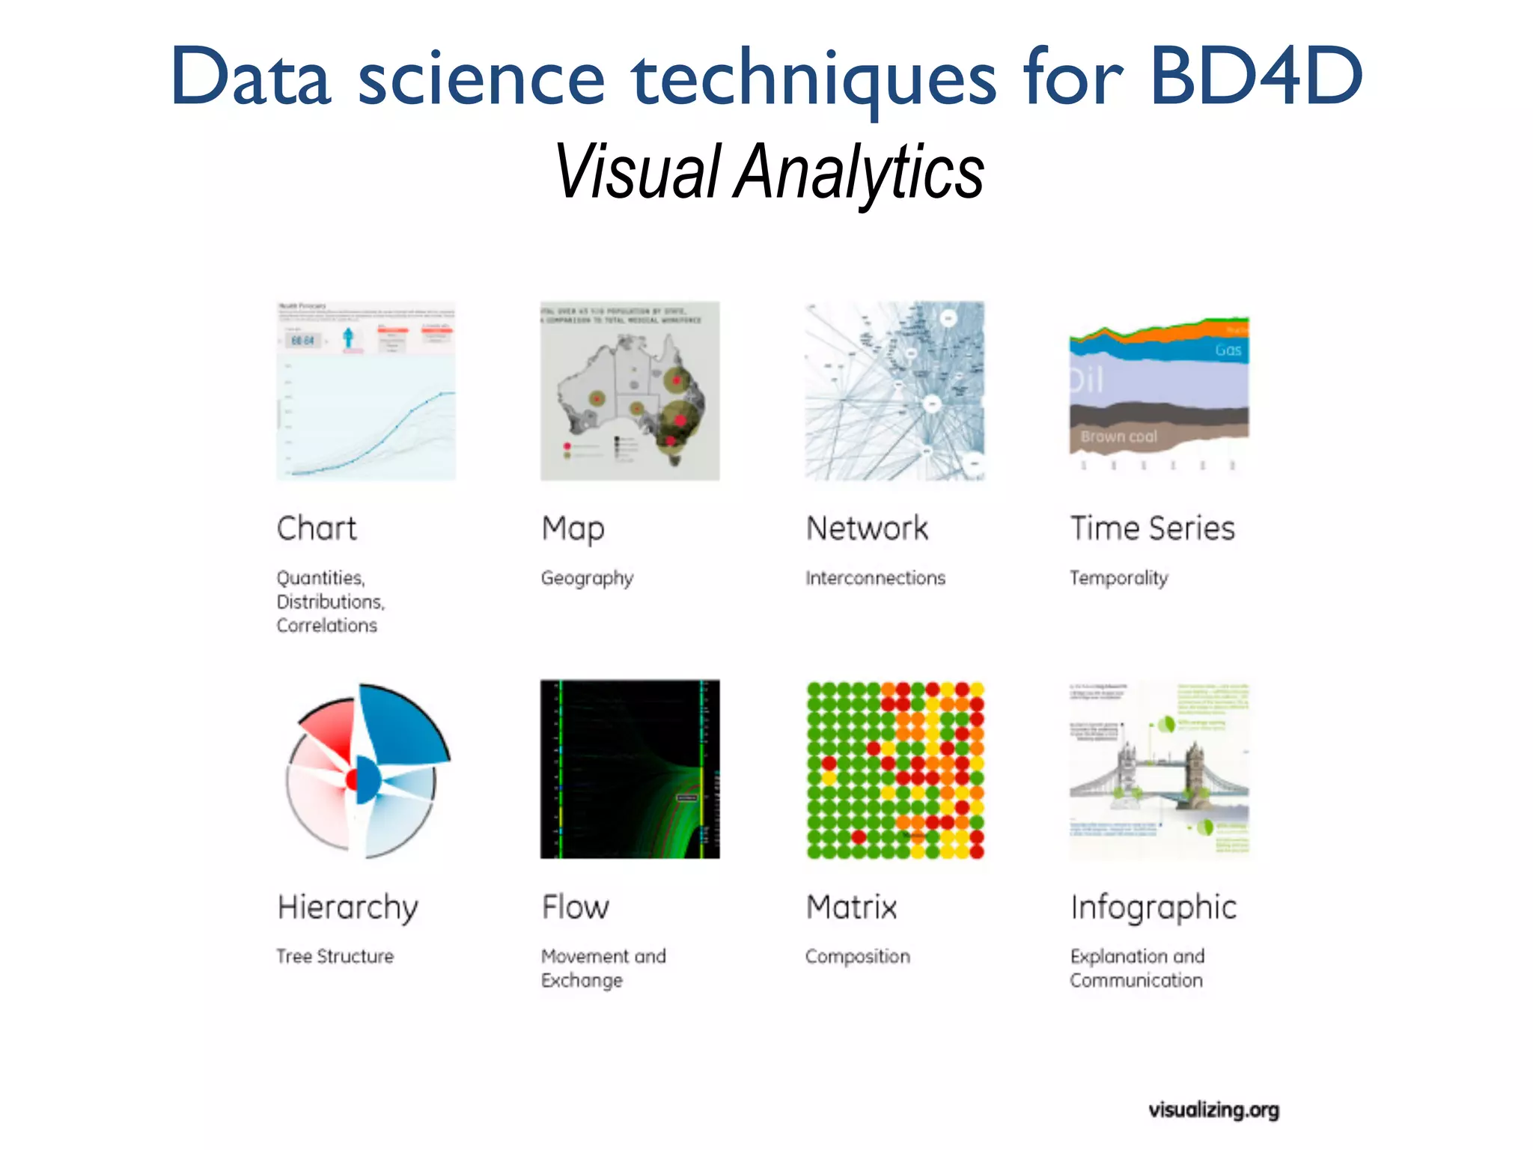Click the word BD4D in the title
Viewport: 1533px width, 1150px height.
(x=1255, y=76)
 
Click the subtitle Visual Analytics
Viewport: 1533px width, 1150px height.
(x=769, y=172)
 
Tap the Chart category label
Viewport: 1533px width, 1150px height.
(x=317, y=529)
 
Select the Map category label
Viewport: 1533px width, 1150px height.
(x=573, y=529)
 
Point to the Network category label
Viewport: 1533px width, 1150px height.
(x=867, y=529)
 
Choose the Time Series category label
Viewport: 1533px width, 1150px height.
(x=1152, y=529)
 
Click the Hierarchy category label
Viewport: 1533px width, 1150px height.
(x=347, y=907)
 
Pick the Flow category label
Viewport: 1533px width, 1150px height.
(x=575, y=907)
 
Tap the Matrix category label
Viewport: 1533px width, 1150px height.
(x=851, y=907)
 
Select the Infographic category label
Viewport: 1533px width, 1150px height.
(x=1153, y=907)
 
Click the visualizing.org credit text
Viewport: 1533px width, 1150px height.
(x=1213, y=1110)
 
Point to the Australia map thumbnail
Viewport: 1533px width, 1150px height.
(x=630, y=391)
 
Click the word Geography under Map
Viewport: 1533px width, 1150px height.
(x=587, y=578)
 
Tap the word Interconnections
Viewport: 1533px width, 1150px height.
(x=875, y=578)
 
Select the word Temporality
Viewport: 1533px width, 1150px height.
(x=1118, y=578)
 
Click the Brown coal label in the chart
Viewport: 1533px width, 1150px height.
(x=1118, y=436)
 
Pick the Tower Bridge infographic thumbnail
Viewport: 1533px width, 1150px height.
(x=1159, y=770)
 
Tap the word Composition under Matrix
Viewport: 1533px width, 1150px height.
(x=857, y=956)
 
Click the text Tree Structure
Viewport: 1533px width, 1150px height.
(x=335, y=956)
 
